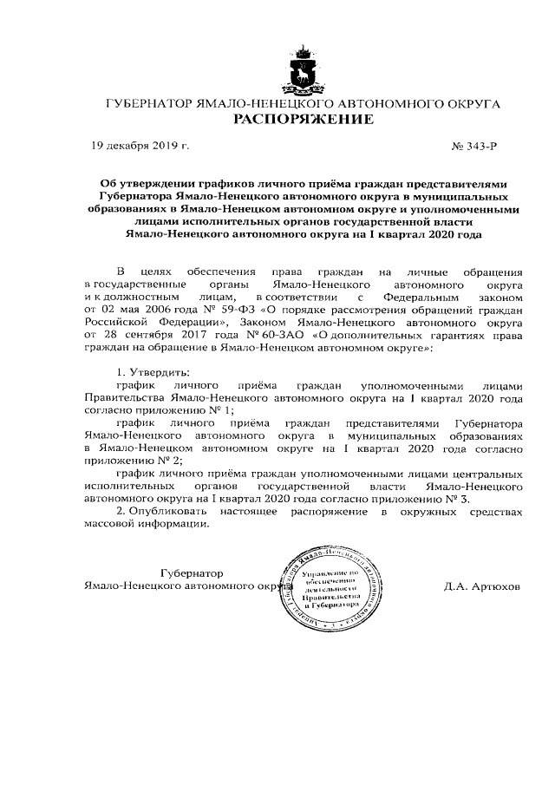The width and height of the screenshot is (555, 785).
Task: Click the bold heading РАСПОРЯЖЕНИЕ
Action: (303, 119)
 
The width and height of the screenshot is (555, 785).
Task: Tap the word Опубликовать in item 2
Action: (173, 513)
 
